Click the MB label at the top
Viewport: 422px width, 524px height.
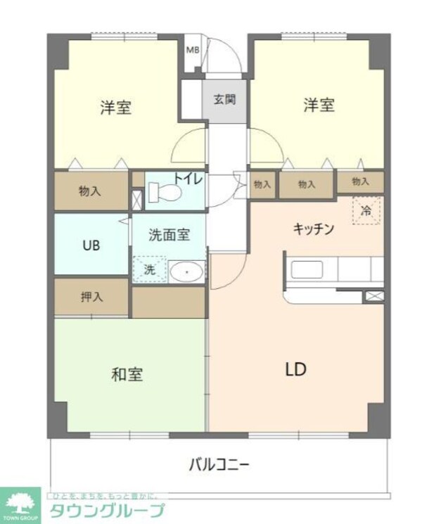[193, 49]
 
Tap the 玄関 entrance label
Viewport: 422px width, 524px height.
[225, 98]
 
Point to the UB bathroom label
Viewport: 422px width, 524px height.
[91, 245]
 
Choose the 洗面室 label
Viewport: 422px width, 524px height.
[169, 236]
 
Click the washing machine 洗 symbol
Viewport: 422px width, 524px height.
[149, 269]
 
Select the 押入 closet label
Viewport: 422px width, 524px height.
[91, 296]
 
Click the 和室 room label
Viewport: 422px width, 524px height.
[127, 374]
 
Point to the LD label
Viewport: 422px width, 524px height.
[295, 369]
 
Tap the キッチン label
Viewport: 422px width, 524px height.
[313, 228]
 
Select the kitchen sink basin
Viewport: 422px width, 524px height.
[306, 270]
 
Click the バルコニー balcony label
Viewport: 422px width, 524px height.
[219, 464]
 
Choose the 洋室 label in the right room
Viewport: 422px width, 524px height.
[319, 106]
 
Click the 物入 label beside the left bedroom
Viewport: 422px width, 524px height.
[90, 190]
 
